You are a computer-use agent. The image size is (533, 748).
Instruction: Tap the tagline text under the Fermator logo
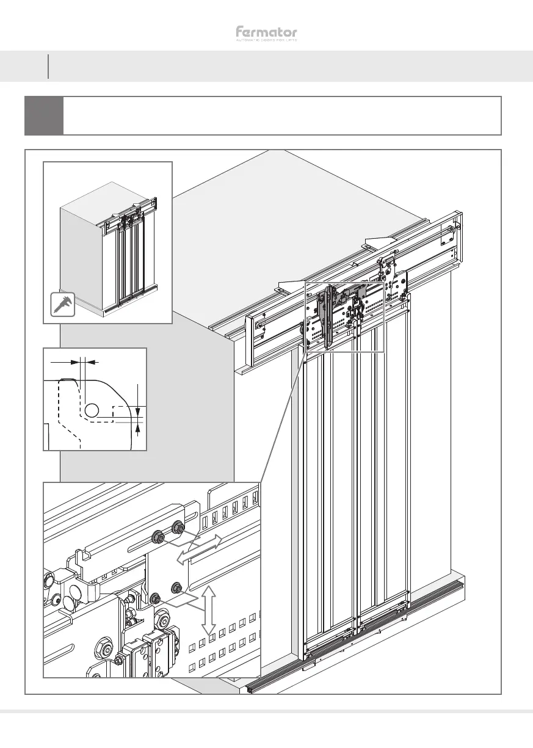[x=266, y=41]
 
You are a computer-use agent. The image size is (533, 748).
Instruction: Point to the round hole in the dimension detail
[x=92, y=411]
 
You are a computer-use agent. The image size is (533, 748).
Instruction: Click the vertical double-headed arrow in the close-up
[x=209, y=610]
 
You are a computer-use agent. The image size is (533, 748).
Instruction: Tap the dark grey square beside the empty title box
[x=44, y=115]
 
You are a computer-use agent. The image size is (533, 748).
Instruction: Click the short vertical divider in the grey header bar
[x=48, y=66]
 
